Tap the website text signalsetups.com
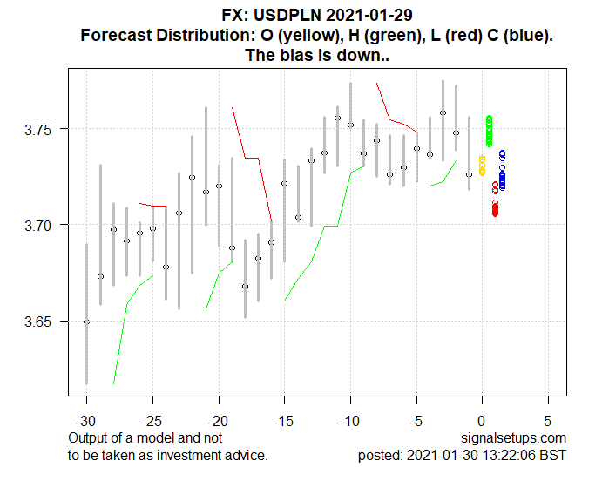tap(516, 437)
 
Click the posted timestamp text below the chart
tap(462, 455)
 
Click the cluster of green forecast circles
tap(489, 130)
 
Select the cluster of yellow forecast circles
tap(482, 165)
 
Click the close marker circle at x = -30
tap(86, 322)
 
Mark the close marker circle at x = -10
tap(350, 125)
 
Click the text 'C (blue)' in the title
tap(519, 36)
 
